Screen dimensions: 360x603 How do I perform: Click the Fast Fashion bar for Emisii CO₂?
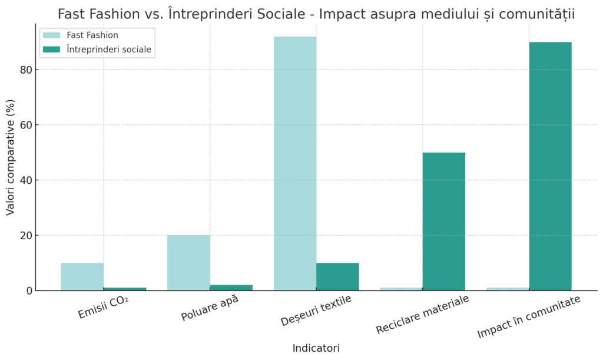pos(82,276)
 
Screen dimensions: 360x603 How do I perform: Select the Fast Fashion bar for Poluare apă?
pos(188,263)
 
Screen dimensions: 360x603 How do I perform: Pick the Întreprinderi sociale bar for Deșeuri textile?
pos(337,276)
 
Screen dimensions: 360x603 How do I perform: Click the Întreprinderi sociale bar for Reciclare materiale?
pos(444,222)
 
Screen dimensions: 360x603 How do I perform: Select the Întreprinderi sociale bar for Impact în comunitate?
pos(550,166)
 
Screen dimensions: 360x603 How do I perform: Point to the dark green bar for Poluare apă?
pos(231,288)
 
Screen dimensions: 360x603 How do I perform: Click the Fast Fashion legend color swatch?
pos(52,35)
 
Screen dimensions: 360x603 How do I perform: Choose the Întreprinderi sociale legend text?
pos(110,49)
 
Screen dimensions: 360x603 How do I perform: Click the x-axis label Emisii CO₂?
pos(104,308)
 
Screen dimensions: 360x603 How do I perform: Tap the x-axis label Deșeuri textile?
pos(316,310)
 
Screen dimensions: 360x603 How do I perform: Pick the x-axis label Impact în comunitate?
pos(529,317)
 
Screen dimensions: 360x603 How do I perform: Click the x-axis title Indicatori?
pos(316,348)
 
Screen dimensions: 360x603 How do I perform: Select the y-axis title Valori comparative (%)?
pos(11,158)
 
